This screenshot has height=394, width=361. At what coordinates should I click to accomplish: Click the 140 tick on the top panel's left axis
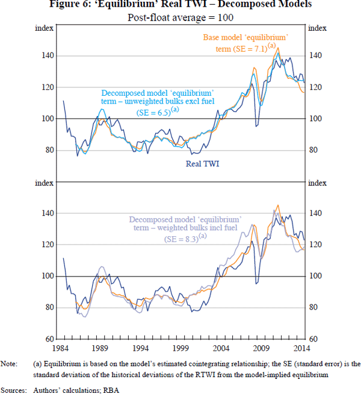(x=46, y=56)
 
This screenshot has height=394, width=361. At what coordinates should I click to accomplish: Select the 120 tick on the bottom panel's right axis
(x=316, y=245)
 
